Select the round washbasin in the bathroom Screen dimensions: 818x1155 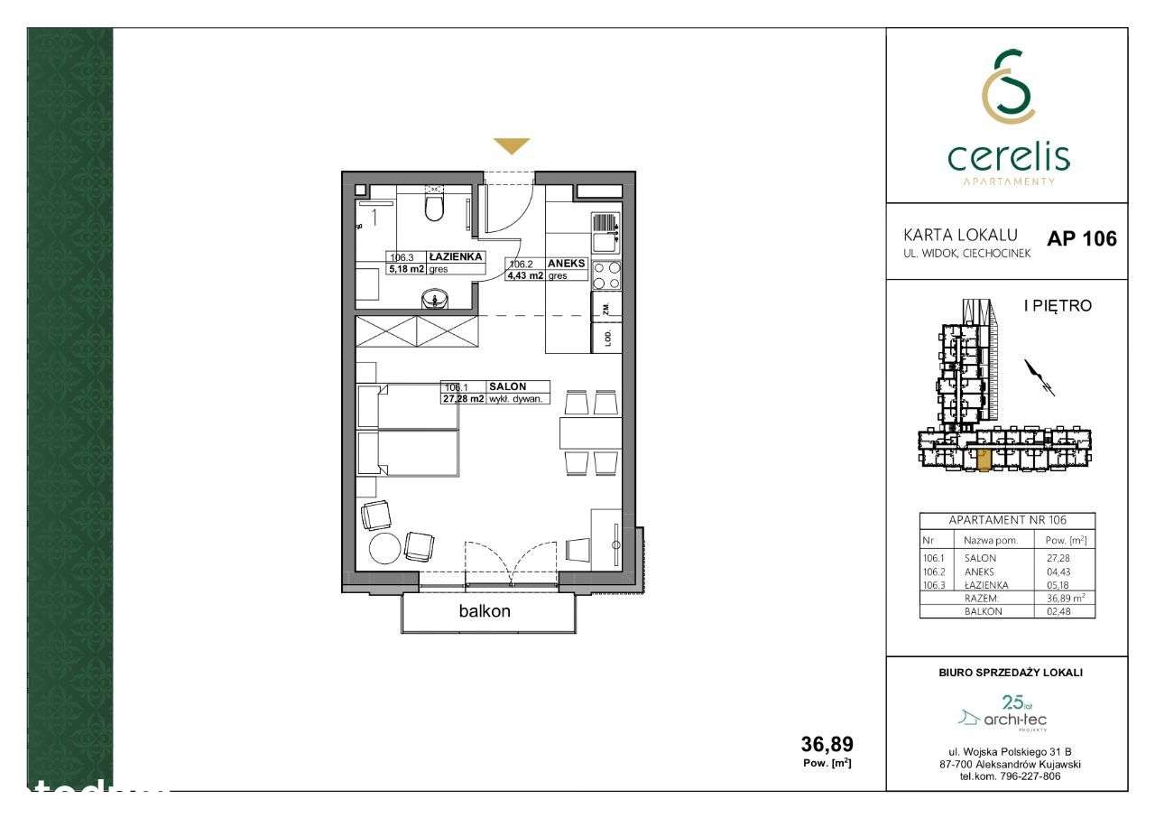(x=436, y=299)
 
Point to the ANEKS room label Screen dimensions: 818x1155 (x=567, y=264)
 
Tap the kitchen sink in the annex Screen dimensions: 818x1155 (x=605, y=233)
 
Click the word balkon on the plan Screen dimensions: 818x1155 (x=485, y=611)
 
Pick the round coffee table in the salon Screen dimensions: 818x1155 (x=384, y=547)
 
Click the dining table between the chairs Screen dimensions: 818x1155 (x=589, y=433)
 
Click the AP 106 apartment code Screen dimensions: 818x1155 (x=1081, y=239)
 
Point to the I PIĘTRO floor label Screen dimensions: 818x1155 (x=1057, y=306)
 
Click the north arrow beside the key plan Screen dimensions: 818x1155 (x=1039, y=378)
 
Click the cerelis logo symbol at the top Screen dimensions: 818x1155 (x=1008, y=88)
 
